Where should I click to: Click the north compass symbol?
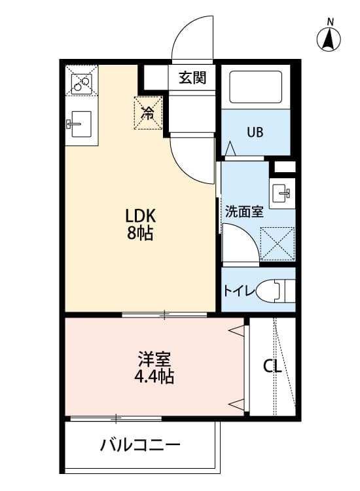(x=330, y=40)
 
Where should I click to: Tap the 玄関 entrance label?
(x=192, y=78)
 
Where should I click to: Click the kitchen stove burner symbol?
(x=82, y=82)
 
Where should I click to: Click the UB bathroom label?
(x=255, y=132)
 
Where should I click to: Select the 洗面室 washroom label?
(x=243, y=212)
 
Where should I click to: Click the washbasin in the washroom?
(x=283, y=193)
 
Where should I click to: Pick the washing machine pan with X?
(x=277, y=243)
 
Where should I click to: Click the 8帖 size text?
(x=139, y=234)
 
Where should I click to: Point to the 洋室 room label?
(x=154, y=359)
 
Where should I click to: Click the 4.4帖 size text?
(x=154, y=377)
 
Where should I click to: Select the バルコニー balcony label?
(x=140, y=446)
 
